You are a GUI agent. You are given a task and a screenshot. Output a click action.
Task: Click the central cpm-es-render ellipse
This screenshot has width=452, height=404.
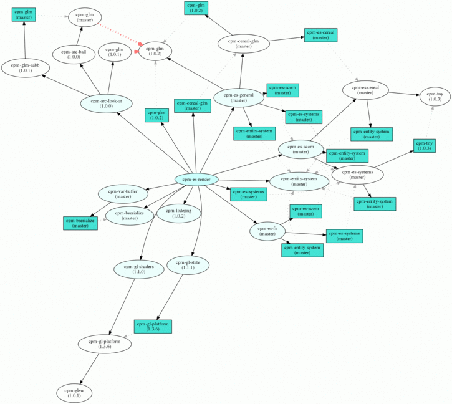coord(196,180)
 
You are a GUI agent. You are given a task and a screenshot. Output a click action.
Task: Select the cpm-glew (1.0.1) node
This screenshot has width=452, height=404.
coord(74,393)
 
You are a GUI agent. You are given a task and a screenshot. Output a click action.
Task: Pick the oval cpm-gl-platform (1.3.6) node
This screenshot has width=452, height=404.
coord(103,344)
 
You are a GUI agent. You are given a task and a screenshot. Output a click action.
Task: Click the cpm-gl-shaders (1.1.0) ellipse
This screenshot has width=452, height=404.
coord(138,269)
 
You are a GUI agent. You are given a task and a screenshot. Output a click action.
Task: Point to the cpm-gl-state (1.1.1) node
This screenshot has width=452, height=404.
coord(188,265)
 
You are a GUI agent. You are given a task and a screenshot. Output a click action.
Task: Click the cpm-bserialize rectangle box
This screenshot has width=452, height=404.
coord(80,223)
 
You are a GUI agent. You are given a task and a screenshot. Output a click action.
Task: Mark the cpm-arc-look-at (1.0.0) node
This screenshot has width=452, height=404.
coord(106,103)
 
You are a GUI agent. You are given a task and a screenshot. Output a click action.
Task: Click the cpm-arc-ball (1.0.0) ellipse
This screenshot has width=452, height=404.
coord(74,54)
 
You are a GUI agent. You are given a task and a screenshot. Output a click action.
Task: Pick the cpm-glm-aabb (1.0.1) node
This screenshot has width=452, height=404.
coord(26,67)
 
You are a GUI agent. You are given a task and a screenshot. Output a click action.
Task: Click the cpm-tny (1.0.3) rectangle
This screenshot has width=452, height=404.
coord(424,146)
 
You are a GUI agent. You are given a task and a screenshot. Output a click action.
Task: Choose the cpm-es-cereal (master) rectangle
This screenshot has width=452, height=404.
coord(320,35)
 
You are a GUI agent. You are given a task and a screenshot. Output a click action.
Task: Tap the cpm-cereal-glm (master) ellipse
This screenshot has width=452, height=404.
coord(244,44)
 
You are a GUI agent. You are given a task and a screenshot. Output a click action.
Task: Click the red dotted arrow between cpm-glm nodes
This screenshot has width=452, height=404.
coord(119,37)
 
